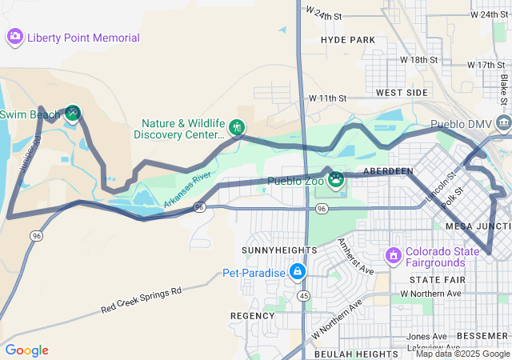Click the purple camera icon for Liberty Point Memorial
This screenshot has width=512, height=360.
pos(14,37)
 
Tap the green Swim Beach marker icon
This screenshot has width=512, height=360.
pos(72,114)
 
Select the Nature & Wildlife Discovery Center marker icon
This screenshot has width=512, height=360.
pos(237,126)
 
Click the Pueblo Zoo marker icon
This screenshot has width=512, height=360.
pos(336,178)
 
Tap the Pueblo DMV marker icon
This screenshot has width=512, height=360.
pos(503,123)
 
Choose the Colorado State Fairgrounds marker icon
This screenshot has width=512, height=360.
pos(393,256)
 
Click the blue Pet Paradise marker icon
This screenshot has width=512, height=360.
pos(298,272)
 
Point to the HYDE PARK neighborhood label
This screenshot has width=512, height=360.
pos(347,39)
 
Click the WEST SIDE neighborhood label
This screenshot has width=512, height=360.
pos(402,93)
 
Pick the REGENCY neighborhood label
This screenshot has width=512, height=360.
pos(253,316)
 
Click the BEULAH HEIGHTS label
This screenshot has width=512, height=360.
pos(355,354)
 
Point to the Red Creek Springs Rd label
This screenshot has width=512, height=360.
pos(142,300)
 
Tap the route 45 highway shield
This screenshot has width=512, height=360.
pos(305,295)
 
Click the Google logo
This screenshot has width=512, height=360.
pos(26,350)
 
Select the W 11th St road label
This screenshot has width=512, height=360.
pos(327,98)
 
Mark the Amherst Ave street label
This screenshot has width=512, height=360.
pos(354,256)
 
